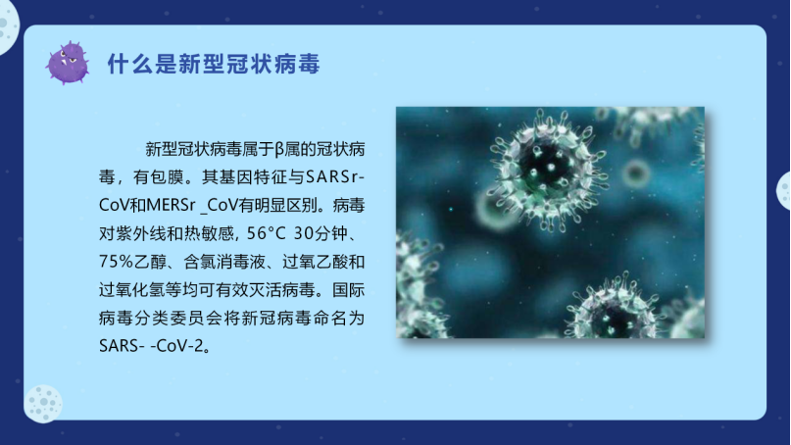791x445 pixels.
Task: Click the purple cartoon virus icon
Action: pyautogui.click(x=68, y=63)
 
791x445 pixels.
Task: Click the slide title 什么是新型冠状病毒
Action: pyautogui.click(x=214, y=64)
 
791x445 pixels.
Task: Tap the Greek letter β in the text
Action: pyautogui.click(x=280, y=150)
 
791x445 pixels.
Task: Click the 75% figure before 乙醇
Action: pyautogui.click(x=116, y=262)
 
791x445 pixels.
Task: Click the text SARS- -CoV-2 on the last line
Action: pyautogui.click(x=151, y=346)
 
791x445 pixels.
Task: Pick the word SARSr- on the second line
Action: pyautogui.click(x=335, y=177)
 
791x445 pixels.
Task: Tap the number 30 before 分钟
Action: pyautogui.click(x=304, y=233)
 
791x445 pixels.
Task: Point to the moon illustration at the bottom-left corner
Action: pyautogui.click(x=43, y=404)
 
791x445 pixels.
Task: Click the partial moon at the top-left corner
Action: pyautogui.click(x=8, y=25)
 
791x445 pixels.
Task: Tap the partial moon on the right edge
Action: pyautogui.click(x=784, y=191)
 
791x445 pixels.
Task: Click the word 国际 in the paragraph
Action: pyautogui.click(x=348, y=289)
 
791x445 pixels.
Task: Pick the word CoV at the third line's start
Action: pyautogui.click(x=114, y=205)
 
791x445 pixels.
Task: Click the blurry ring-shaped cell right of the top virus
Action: pyautogui.click(x=635, y=174)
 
